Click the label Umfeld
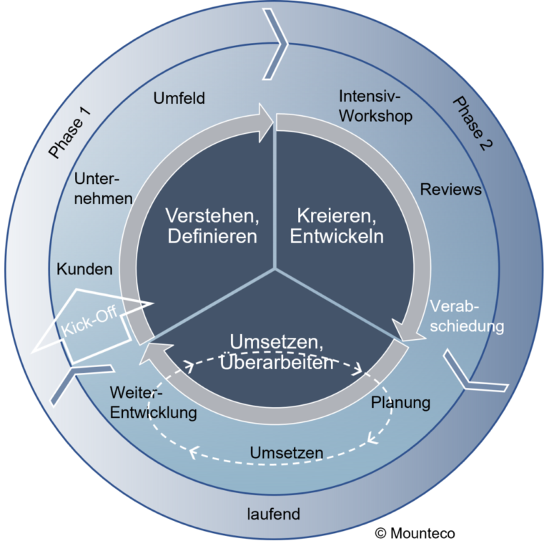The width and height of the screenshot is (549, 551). pos(179,99)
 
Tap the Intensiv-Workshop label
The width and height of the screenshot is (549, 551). pos(375,106)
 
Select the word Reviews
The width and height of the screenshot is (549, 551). pos(450,190)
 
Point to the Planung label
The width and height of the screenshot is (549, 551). pos(400,402)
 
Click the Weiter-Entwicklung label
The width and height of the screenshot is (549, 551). pos(153,403)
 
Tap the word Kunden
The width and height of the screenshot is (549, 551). pos(85,270)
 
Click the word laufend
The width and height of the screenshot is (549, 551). pos(273,514)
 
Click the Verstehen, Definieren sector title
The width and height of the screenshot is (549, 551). pos(211,225)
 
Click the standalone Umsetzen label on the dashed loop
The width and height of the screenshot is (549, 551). pos(286,452)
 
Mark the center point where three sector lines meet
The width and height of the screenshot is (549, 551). pos(274,269)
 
